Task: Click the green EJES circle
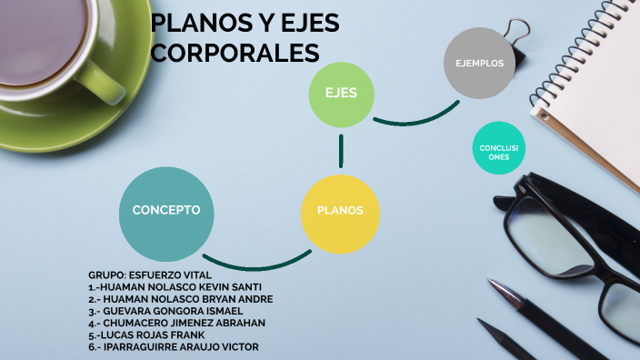[341, 93]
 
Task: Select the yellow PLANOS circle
[340, 212]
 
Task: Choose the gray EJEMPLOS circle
[479, 63]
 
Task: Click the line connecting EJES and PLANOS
[341, 151]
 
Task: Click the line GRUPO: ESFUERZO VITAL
[150, 275]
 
